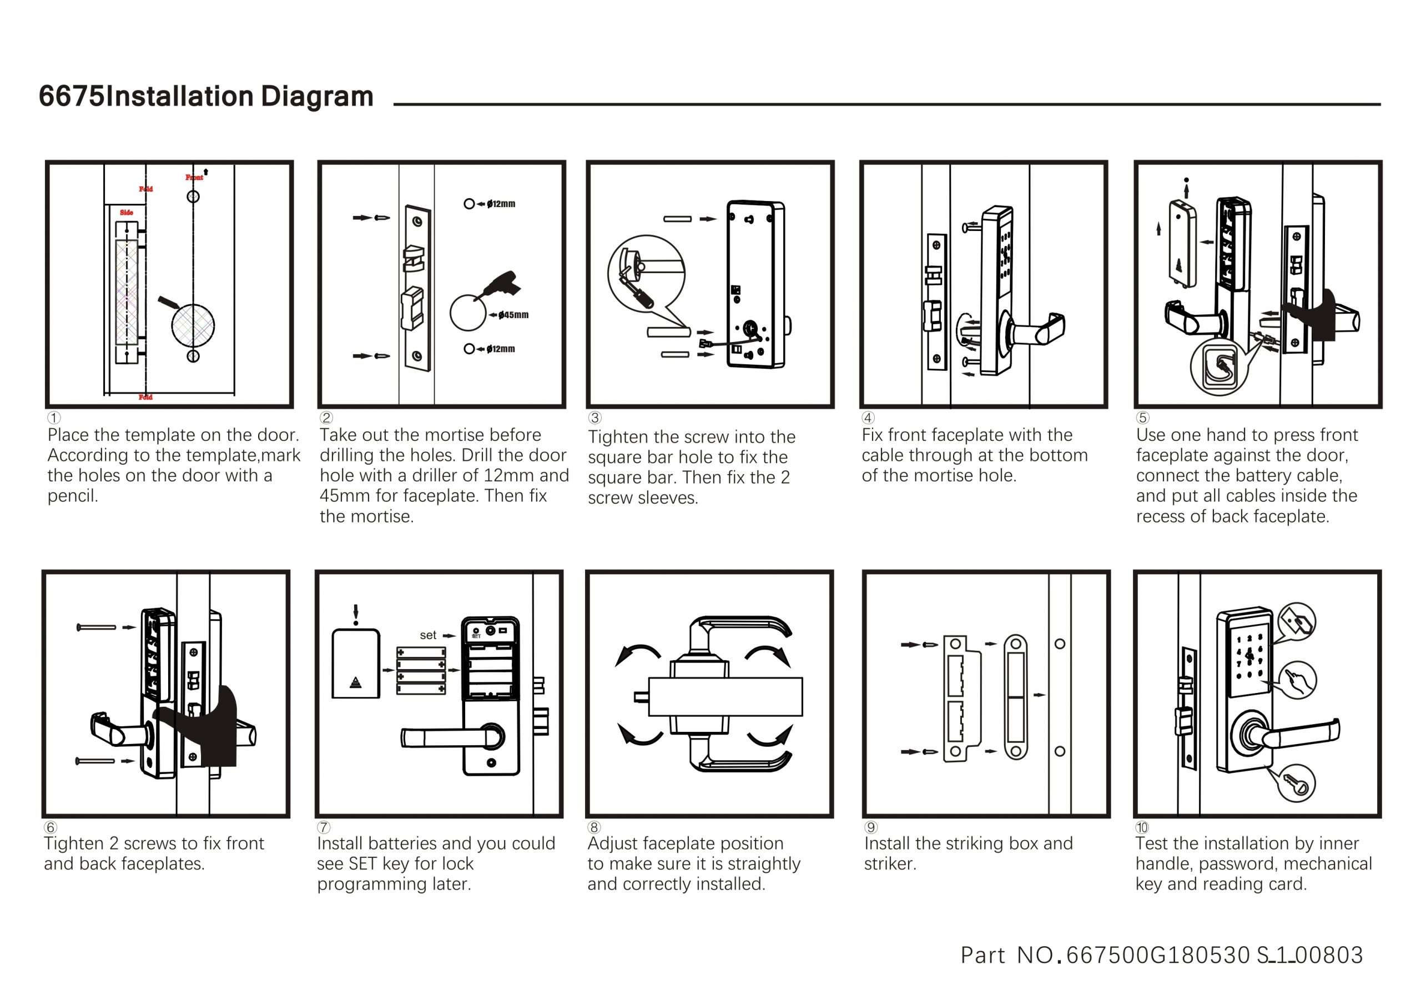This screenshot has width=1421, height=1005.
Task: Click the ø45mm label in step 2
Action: point(513,315)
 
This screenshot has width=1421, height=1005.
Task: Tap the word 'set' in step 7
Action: point(427,635)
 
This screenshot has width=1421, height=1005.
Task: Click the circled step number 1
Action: point(54,418)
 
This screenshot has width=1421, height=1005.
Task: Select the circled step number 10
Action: point(1142,827)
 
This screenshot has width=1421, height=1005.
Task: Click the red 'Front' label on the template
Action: point(194,177)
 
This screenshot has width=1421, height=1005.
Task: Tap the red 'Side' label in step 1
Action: point(126,213)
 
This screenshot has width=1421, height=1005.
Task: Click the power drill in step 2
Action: point(502,284)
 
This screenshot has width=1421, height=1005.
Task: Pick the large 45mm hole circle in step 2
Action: point(467,313)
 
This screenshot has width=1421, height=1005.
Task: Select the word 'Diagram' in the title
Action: point(316,96)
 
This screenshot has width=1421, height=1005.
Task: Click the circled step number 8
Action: point(594,827)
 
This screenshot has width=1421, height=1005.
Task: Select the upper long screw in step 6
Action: point(97,627)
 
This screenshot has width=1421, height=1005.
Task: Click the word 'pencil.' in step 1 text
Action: point(72,496)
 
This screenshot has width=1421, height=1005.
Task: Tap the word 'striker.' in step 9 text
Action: point(889,864)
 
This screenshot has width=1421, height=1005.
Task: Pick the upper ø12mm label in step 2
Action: point(501,204)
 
